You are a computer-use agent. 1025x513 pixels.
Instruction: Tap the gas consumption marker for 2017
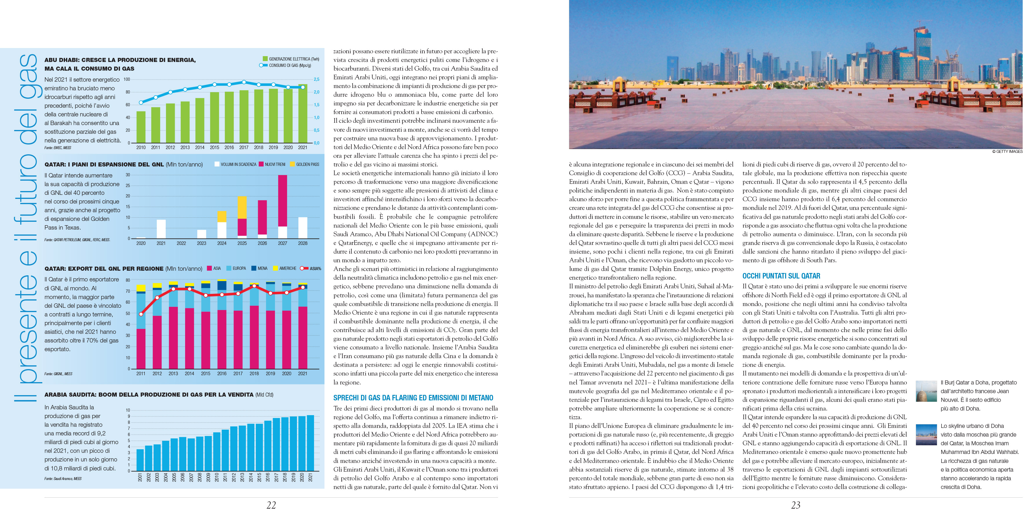[244, 82]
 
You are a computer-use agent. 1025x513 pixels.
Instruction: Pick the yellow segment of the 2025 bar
[242, 207]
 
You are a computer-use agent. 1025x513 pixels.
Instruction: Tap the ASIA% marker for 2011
[141, 314]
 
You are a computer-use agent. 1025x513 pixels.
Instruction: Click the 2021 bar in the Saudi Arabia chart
[310, 443]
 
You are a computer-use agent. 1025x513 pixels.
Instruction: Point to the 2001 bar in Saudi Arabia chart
[140, 460]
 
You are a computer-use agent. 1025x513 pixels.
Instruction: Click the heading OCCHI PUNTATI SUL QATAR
[781, 276]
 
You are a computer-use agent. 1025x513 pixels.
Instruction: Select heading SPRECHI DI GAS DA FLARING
[413, 398]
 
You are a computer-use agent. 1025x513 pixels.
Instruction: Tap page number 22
[271, 505]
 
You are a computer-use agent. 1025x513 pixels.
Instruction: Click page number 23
[796, 505]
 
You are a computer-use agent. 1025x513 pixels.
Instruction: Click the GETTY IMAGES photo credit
[1007, 151]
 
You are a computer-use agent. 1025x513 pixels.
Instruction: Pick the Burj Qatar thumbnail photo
[926, 391]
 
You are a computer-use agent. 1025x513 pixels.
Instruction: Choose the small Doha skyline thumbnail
[926, 434]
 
